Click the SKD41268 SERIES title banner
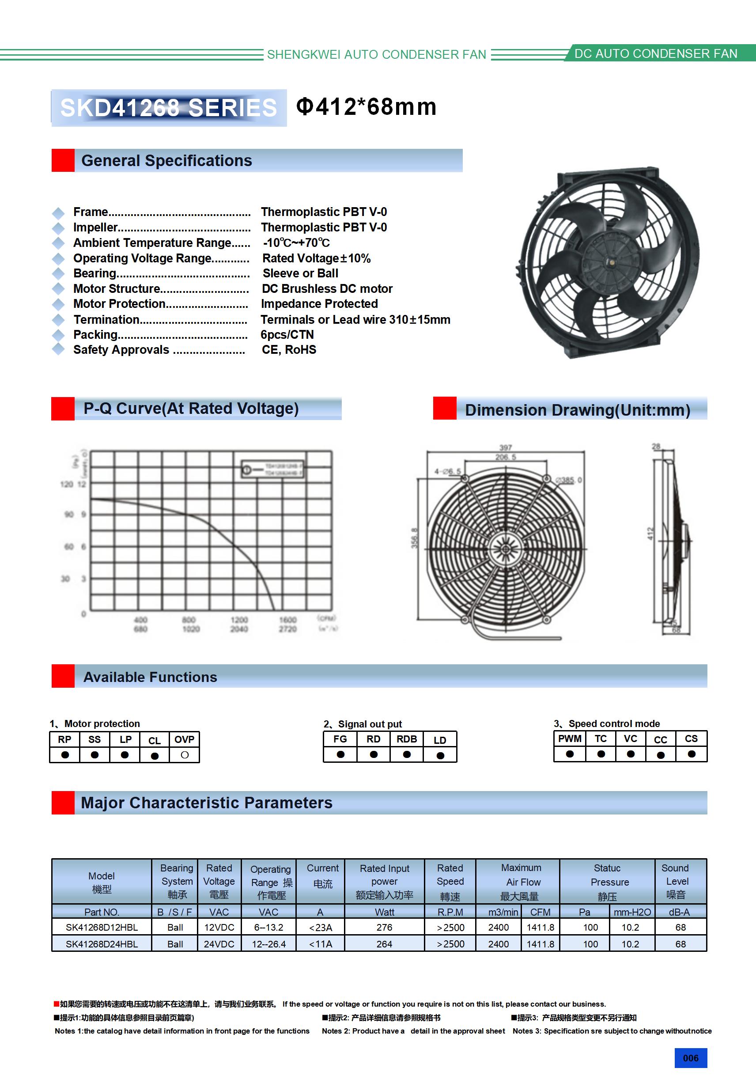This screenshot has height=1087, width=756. (169, 108)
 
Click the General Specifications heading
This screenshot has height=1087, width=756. (166, 161)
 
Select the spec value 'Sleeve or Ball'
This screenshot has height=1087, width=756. (300, 274)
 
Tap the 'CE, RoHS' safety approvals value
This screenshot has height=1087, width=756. (289, 350)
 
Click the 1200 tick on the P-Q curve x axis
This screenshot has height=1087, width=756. (239, 620)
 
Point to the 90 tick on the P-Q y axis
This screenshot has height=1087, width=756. (69, 514)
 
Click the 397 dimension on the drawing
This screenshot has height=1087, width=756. (505, 447)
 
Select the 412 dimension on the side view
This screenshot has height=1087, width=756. (650, 534)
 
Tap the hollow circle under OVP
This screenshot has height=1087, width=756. (185, 755)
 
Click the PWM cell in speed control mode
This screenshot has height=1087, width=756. (570, 739)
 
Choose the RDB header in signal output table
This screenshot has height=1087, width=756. (407, 739)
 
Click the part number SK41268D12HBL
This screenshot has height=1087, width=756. (102, 928)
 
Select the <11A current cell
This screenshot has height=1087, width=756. (321, 944)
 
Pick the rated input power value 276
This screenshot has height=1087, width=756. (384, 928)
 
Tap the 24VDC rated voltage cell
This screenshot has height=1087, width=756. (219, 944)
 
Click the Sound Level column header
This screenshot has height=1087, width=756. (676, 882)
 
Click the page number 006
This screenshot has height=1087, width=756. (691, 1058)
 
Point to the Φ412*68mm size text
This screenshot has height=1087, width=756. (366, 107)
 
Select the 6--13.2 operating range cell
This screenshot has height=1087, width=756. (268, 928)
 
